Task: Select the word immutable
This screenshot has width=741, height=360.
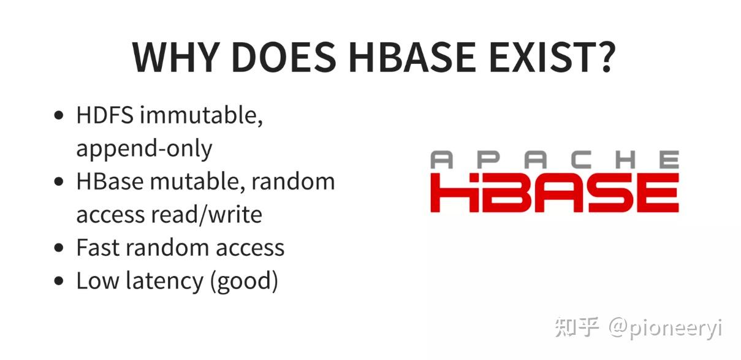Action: point(202,115)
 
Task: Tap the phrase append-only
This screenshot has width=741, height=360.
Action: point(144,148)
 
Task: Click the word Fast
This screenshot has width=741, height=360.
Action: point(96,248)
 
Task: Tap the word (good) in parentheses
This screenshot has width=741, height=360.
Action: point(244,281)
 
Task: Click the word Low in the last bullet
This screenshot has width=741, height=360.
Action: point(96,281)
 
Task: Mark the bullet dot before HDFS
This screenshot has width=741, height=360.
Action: point(59,116)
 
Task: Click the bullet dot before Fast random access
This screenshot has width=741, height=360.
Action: point(59,248)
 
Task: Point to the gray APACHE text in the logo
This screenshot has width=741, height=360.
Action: point(554,161)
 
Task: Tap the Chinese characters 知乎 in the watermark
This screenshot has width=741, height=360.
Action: point(576,327)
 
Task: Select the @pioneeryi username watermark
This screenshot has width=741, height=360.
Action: point(666,328)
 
